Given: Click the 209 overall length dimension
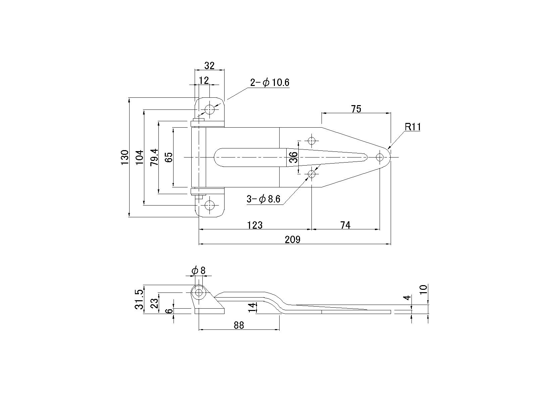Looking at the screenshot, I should tap(292, 239).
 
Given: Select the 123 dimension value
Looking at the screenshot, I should tap(255, 225).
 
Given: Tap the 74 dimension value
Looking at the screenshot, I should tap(345, 225).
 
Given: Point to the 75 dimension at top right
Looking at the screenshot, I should tap(356, 109).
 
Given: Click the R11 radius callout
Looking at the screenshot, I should tap(412, 127).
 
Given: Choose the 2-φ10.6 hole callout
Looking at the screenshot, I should tap(270, 83).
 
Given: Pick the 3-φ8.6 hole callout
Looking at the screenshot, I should tap(263, 199).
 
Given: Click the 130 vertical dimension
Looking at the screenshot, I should tap(125, 157).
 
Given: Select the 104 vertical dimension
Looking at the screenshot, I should tap(140, 157).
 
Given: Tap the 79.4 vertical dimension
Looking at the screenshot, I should tap(154, 157).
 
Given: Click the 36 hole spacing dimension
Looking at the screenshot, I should tap(293, 157).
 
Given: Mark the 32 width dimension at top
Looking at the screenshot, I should tap(209, 65).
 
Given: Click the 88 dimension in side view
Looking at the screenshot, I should tap(239, 325).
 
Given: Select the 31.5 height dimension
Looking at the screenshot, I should tap(140, 299).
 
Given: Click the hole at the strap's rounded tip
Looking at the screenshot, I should tap(380, 157).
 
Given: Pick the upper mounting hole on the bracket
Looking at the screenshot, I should tap(210, 109).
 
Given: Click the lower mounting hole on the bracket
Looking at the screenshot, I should tap(210, 205).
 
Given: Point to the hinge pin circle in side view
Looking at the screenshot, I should tap(199, 292).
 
